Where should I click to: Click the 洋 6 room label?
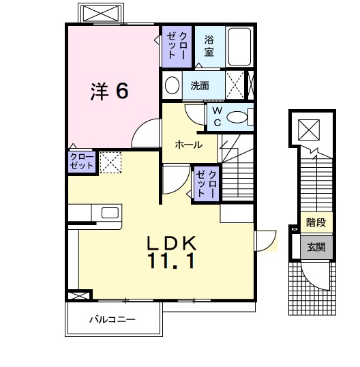(x=109, y=91)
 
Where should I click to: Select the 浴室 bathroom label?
(x=209, y=45)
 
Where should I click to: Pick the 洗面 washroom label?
(x=200, y=86)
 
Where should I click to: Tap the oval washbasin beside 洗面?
(x=172, y=86)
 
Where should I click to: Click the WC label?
(x=217, y=115)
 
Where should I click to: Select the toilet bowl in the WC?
(x=238, y=117)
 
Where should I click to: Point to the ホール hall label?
(x=188, y=145)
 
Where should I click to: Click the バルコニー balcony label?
(x=112, y=319)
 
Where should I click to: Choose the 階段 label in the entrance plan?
(x=315, y=223)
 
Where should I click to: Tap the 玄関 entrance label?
(x=315, y=247)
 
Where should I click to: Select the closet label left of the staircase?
(x=207, y=183)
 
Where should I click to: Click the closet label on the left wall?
(x=81, y=162)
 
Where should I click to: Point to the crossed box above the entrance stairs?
(x=309, y=128)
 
